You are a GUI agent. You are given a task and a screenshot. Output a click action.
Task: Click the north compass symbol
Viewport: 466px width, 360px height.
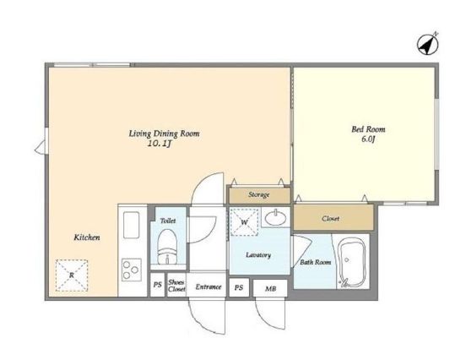(428, 45)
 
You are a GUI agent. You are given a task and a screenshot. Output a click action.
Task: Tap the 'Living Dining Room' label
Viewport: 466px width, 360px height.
(164, 134)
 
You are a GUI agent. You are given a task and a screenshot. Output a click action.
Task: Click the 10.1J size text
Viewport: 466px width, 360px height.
(160, 145)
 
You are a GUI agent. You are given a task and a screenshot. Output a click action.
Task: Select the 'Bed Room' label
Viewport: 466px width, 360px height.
(368, 129)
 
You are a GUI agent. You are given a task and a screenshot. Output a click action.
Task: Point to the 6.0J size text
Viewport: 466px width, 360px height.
(368, 139)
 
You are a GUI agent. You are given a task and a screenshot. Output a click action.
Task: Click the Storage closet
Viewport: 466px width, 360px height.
(259, 195)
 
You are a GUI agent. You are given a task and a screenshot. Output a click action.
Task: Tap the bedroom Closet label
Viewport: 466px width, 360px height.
(330, 219)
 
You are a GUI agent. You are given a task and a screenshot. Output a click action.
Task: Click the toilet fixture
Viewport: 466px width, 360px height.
(167, 247)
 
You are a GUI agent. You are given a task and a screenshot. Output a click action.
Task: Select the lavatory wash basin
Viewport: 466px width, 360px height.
(275, 218)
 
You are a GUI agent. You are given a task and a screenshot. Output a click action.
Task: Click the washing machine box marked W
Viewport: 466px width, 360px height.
(244, 222)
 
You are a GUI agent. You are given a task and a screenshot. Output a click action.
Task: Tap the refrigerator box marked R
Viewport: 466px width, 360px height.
(72, 275)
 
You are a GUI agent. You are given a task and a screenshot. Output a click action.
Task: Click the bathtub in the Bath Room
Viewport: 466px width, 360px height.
(352, 263)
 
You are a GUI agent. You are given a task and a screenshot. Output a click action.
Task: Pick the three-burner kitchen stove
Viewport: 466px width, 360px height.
(132, 270)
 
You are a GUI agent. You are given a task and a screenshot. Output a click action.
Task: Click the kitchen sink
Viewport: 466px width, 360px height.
(131, 225)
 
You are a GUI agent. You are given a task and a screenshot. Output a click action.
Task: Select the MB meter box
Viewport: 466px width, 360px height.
(270, 288)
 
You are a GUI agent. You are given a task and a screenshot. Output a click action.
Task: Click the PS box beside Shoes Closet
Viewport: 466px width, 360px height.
(157, 285)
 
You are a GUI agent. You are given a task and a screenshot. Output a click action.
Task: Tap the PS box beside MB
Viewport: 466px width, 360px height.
(239, 287)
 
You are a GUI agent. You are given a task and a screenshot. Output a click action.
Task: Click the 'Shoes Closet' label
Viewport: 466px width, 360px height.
(176, 286)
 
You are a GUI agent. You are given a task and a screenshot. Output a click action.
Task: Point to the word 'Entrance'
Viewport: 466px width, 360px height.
(209, 286)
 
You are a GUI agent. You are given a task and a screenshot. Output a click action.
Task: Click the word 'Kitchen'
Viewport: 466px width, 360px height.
(87, 237)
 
